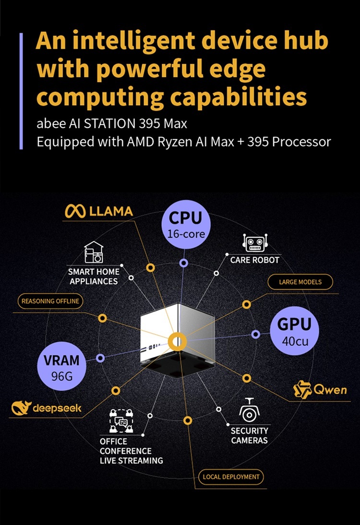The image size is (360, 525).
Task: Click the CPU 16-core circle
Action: pos(186,225)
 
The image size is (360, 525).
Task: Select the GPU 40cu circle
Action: pos(294,331)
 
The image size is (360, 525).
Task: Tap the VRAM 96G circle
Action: pos(61,366)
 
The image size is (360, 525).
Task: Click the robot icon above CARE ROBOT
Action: pos(255,243)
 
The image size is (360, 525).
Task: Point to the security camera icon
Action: pos(249,411)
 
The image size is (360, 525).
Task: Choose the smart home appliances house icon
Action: pos(94,252)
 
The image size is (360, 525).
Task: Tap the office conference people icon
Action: pos(121,421)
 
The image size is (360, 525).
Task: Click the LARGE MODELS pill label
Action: pos(300,282)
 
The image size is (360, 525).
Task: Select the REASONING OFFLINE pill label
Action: pos(50,301)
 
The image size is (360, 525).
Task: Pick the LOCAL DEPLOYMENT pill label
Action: pos(231,477)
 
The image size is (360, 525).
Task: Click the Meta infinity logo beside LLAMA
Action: pos(75,211)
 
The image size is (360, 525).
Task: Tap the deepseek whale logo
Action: pos(21,408)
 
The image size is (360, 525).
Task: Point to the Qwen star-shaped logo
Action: pos(302,390)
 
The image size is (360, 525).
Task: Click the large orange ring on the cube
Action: pos(177,342)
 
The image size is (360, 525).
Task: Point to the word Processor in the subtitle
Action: pos(301,142)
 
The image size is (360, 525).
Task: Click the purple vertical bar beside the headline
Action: pos(21,91)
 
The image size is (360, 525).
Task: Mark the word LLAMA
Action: pos(111,211)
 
